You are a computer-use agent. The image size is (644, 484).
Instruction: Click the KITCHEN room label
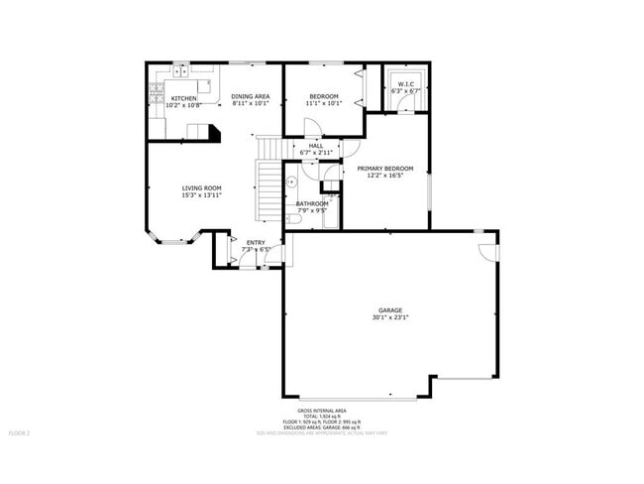click(x=183, y=98)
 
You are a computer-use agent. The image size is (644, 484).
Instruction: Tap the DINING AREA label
click(x=249, y=95)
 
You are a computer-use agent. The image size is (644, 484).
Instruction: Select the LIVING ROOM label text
click(x=201, y=187)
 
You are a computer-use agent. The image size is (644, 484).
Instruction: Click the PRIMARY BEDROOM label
click(x=385, y=168)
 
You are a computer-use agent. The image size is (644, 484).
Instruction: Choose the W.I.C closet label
click(x=406, y=83)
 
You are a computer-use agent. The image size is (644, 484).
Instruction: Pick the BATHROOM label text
click(x=312, y=203)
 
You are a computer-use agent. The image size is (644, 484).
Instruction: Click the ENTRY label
click(x=256, y=242)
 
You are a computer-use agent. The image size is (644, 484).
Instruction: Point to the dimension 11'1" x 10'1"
click(x=323, y=103)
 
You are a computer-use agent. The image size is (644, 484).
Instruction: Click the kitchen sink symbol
click(x=180, y=70)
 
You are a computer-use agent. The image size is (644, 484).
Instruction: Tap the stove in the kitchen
click(x=156, y=95)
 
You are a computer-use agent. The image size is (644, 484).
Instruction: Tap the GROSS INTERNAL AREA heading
click(x=322, y=410)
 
